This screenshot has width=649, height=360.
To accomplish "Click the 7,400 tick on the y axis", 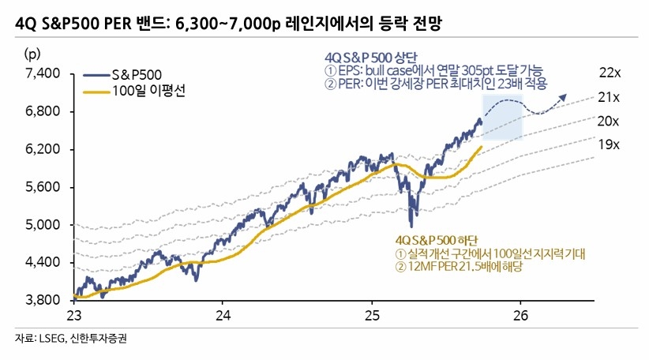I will click(44, 73).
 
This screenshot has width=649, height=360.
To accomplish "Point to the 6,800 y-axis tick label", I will click(44, 111).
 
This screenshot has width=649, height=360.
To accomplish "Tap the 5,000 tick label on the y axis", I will click(44, 225).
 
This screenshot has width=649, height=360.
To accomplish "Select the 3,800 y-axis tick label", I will click(44, 300).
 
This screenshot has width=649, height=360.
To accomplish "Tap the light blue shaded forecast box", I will click(503, 118).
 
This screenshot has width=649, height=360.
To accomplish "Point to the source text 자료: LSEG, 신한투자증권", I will click(70, 339).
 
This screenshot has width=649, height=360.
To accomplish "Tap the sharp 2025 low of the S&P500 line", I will click(411, 226).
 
